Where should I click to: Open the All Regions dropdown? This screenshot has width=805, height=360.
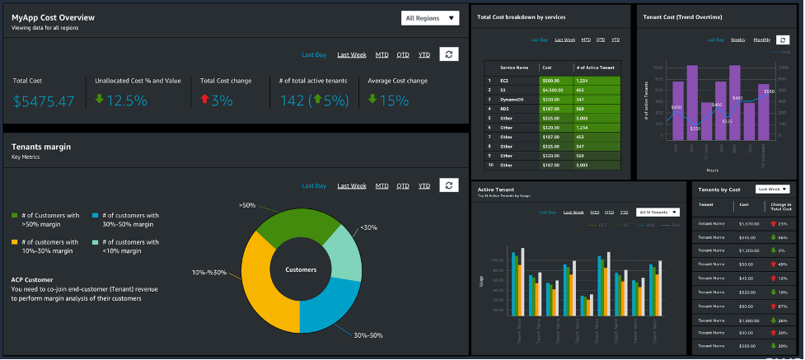point(430,17)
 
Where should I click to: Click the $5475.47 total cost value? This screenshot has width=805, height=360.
point(44,101)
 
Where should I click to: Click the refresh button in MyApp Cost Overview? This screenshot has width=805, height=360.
point(448,54)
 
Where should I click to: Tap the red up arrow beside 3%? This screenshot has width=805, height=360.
point(204,100)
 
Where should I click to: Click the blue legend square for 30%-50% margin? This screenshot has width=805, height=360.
point(96,215)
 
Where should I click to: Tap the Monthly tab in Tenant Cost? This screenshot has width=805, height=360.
point(761,40)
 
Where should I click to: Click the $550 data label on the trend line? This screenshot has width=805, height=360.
point(768,91)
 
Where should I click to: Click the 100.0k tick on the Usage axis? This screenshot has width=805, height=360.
point(497,260)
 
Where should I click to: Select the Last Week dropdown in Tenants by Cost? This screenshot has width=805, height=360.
point(773,189)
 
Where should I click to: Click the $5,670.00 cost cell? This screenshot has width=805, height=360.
point(749,223)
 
